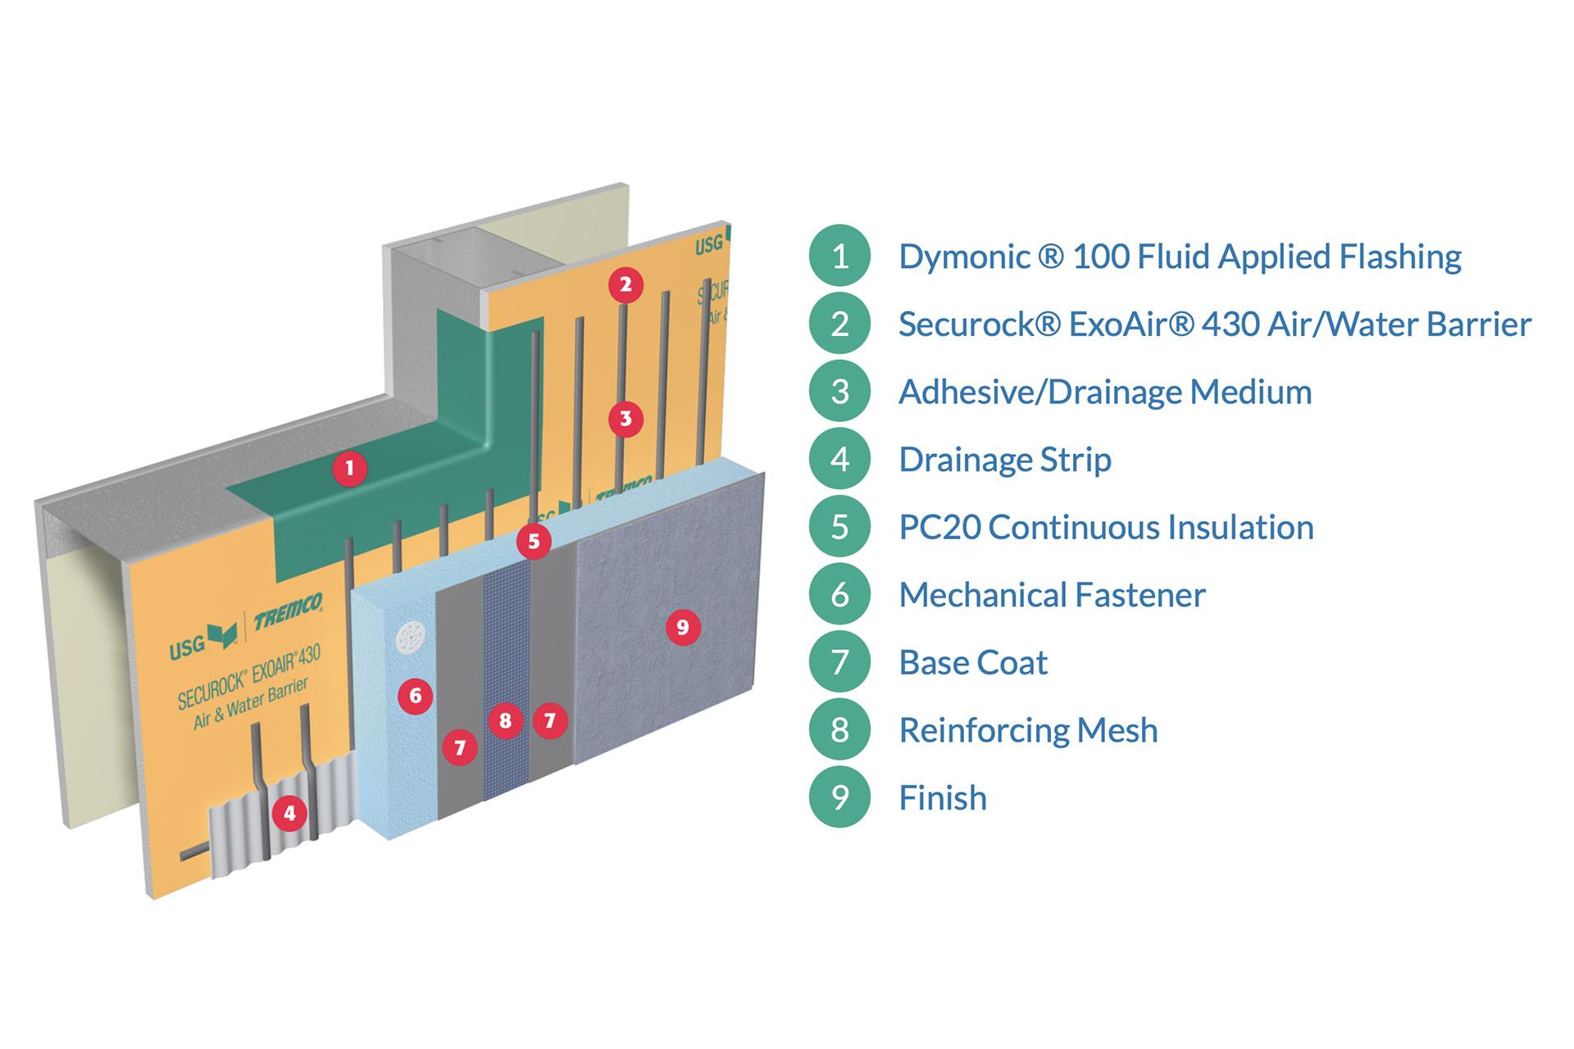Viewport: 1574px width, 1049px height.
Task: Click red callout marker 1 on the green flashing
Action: pyautogui.click(x=350, y=469)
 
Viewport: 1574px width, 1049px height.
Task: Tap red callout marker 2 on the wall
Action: pyautogui.click(x=626, y=285)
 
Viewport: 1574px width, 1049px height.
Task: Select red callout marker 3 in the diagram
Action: pyautogui.click(x=626, y=420)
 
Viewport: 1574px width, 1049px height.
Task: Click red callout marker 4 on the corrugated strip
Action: pyautogui.click(x=289, y=814)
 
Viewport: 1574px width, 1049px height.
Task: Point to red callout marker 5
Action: pyautogui.click(x=534, y=542)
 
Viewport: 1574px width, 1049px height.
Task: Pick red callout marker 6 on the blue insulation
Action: pyautogui.click(x=416, y=697)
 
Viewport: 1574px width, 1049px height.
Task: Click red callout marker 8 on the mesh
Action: pyautogui.click(x=505, y=721)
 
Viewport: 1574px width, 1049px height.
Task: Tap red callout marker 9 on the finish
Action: pyautogui.click(x=683, y=628)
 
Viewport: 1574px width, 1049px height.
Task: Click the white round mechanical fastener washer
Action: pyautogui.click(x=410, y=638)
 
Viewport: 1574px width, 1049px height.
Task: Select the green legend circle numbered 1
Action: pyautogui.click(x=839, y=257)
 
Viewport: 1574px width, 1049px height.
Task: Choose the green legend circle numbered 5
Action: pyautogui.click(x=839, y=527)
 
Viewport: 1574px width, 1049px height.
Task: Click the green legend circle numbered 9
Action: pyautogui.click(x=839, y=797)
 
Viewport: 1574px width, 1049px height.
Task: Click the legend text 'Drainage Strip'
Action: pyautogui.click(x=1005, y=460)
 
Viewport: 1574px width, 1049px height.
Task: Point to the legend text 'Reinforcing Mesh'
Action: pyautogui.click(x=1028, y=730)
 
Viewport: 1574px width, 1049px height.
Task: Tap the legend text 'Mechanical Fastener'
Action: pyautogui.click(x=1052, y=595)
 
